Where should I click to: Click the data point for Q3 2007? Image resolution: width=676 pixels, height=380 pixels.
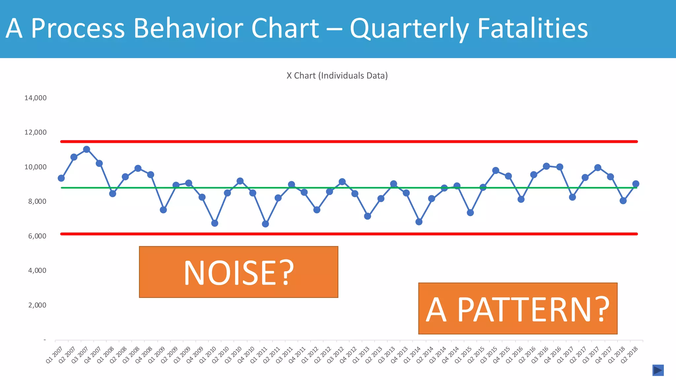(86, 149)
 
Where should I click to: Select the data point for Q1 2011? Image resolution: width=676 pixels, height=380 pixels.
(265, 224)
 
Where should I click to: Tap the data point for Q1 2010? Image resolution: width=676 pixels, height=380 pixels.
(215, 223)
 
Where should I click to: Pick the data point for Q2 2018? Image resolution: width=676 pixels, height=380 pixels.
(636, 184)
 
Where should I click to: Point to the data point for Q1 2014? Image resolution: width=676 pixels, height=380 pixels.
(419, 222)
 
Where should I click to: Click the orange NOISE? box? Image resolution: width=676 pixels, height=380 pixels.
(238, 272)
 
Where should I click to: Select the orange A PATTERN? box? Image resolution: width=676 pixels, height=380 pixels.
(518, 308)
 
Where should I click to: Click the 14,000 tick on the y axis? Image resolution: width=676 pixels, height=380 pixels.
(35, 98)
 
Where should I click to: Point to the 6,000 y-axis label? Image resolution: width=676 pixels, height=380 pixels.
(37, 236)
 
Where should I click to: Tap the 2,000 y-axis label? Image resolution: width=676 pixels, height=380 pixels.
(37, 305)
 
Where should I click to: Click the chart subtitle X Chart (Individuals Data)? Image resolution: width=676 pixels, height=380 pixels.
(337, 76)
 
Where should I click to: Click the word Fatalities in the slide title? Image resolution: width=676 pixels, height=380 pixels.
(532, 28)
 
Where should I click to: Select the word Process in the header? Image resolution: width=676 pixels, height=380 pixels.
(78, 28)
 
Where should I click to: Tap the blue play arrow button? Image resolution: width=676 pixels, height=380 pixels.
(658, 370)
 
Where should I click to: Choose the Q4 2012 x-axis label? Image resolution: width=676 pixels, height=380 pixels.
(348, 355)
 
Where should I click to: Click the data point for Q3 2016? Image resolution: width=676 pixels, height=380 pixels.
(546, 166)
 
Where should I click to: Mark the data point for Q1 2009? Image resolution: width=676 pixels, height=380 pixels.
(163, 210)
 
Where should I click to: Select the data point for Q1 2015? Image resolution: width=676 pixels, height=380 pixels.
(470, 213)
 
